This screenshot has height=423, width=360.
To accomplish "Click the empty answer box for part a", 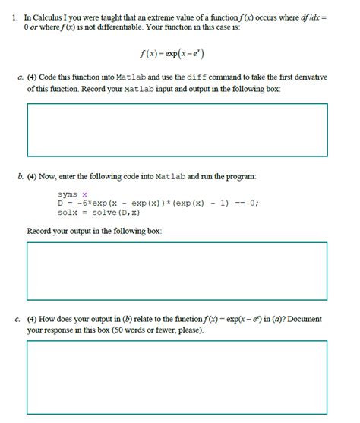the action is click(x=177, y=130).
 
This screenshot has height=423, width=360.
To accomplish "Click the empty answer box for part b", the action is click(x=177, y=272).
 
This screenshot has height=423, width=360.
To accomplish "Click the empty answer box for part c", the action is click(x=177, y=377).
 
